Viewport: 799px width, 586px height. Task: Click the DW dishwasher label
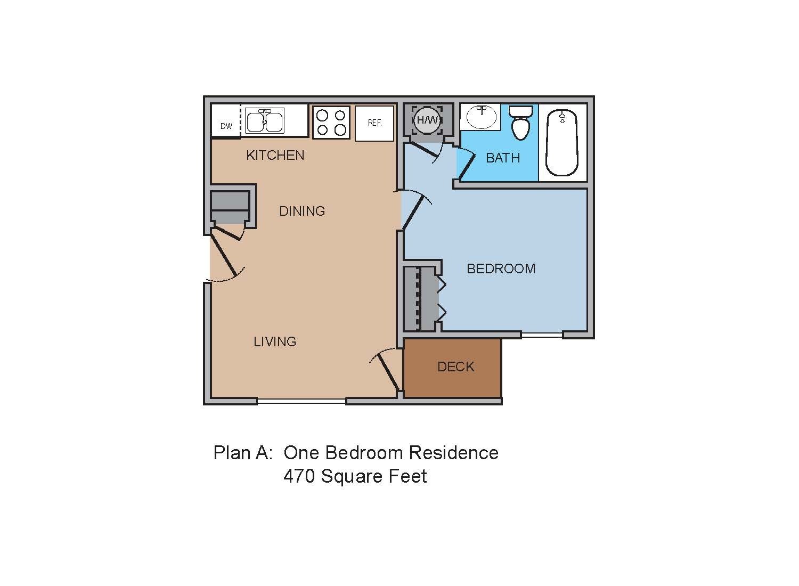click(x=226, y=126)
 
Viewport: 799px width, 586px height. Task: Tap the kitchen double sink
click(x=265, y=120)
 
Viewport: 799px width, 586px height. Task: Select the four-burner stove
click(x=331, y=123)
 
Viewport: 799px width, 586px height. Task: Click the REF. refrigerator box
click(x=374, y=123)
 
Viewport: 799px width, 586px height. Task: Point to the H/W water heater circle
click(x=427, y=120)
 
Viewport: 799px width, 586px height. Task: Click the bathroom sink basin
click(x=481, y=117)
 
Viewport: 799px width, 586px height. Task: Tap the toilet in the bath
click(x=520, y=122)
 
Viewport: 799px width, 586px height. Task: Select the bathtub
click(x=562, y=142)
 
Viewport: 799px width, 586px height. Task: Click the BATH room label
click(x=503, y=158)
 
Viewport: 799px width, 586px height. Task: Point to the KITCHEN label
click(x=275, y=155)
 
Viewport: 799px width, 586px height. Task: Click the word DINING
click(x=302, y=211)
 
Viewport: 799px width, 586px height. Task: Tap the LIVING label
click(x=275, y=341)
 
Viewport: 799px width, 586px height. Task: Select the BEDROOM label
click(x=501, y=268)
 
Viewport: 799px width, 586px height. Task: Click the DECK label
click(x=456, y=367)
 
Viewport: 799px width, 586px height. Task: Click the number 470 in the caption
click(x=299, y=476)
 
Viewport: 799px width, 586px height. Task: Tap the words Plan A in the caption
click(x=243, y=453)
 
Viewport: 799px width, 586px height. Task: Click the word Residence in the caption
click(x=453, y=453)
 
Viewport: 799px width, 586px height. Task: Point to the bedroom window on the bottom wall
click(x=542, y=335)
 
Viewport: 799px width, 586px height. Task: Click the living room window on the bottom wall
click(x=301, y=401)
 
